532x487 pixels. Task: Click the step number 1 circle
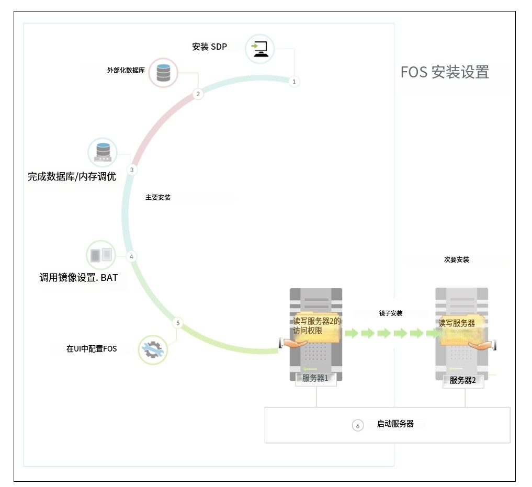(294, 82)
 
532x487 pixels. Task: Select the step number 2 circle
(198, 94)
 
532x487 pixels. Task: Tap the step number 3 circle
(132, 170)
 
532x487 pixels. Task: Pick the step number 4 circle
(131, 256)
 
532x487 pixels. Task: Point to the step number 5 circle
(178, 323)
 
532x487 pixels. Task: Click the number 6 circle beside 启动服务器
(358, 426)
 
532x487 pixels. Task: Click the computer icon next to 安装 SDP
(260, 49)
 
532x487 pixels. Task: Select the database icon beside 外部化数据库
(164, 73)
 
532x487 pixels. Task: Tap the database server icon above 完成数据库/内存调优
(102, 152)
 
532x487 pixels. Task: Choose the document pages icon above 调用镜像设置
(100, 255)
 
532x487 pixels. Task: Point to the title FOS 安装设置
(445, 72)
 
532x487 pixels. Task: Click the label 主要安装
(158, 198)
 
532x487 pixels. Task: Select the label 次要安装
(457, 259)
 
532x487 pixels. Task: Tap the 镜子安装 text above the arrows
(391, 313)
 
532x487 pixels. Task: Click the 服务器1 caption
(315, 378)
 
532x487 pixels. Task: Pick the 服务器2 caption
(463, 380)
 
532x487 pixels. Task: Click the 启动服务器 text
(395, 424)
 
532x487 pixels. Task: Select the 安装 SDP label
(210, 47)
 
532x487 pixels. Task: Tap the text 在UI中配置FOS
(92, 349)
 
